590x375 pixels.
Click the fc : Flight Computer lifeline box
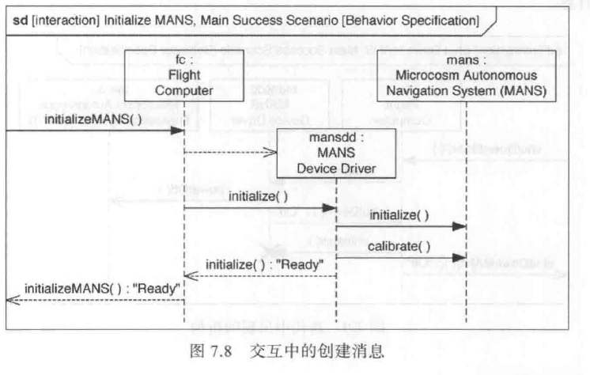(x=183, y=78)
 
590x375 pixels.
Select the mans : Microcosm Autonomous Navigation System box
(x=467, y=78)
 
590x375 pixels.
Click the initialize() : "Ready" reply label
(x=270, y=264)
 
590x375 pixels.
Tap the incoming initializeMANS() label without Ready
(x=93, y=119)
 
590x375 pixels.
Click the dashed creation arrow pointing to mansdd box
(x=229, y=153)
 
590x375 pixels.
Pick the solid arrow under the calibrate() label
(x=400, y=258)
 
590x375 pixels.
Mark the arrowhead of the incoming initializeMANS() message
(x=179, y=130)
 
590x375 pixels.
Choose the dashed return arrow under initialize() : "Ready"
(x=260, y=275)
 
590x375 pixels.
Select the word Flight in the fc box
(x=183, y=78)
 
